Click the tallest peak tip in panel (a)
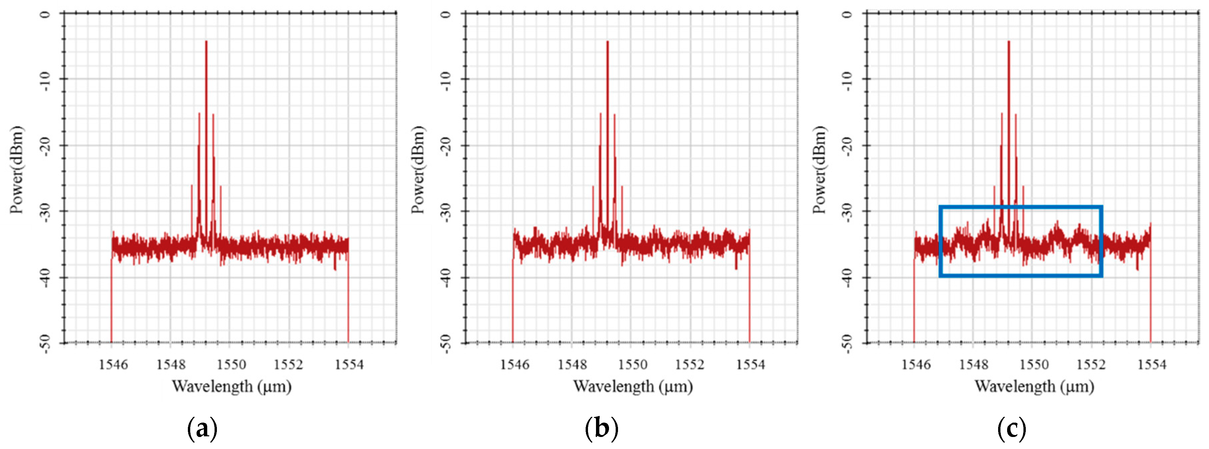(x=206, y=41)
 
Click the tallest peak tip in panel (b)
(x=607, y=41)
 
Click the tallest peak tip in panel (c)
(x=1008, y=41)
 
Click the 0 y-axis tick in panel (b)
(x=446, y=14)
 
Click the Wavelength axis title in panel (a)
(x=231, y=387)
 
